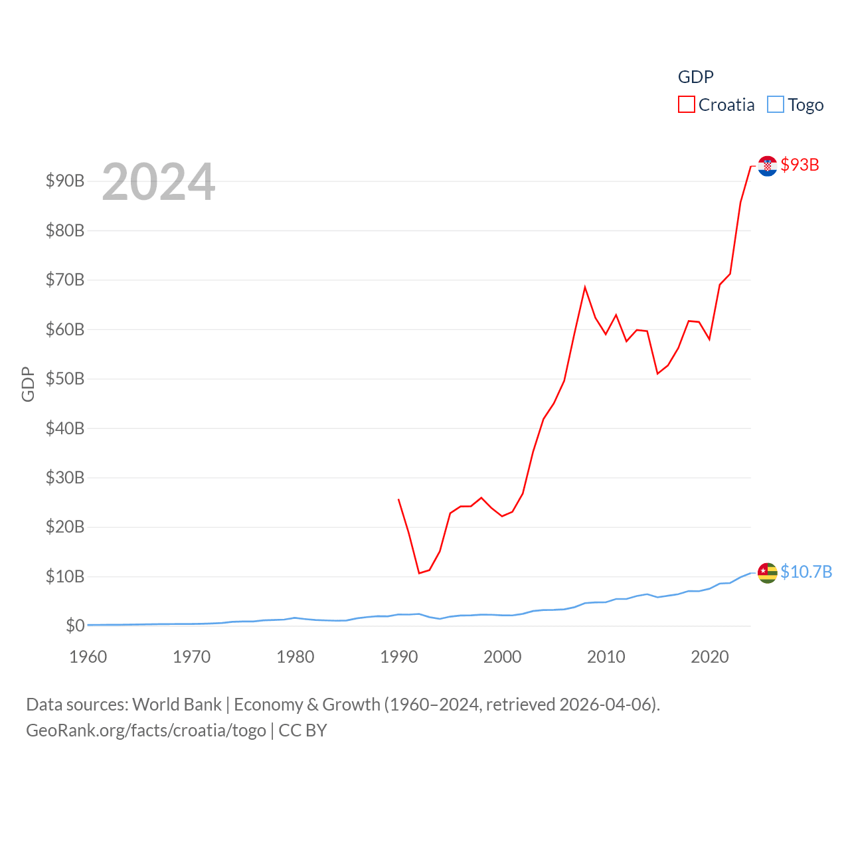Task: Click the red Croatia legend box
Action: click(x=686, y=105)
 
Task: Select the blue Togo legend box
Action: click(x=775, y=105)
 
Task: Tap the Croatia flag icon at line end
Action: click(x=767, y=166)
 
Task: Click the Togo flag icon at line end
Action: click(x=767, y=572)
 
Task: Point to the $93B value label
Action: click(x=800, y=165)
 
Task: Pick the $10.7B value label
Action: click(x=806, y=572)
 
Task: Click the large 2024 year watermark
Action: click(x=158, y=182)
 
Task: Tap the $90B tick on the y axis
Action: click(x=65, y=181)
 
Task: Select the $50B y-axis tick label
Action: click(x=65, y=379)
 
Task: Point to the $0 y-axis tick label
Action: click(x=75, y=626)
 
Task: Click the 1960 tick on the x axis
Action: click(x=88, y=657)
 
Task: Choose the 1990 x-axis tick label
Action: click(x=399, y=657)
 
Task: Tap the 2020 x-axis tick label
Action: click(x=710, y=657)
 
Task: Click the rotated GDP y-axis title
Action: click(x=28, y=384)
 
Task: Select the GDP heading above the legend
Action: click(x=695, y=77)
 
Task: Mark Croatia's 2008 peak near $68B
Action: click(x=585, y=288)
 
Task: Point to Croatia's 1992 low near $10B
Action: click(x=419, y=572)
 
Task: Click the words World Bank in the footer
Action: click(x=177, y=704)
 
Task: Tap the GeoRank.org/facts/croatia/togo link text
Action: click(x=146, y=730)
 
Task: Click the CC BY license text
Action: click(x=303, y=730)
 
